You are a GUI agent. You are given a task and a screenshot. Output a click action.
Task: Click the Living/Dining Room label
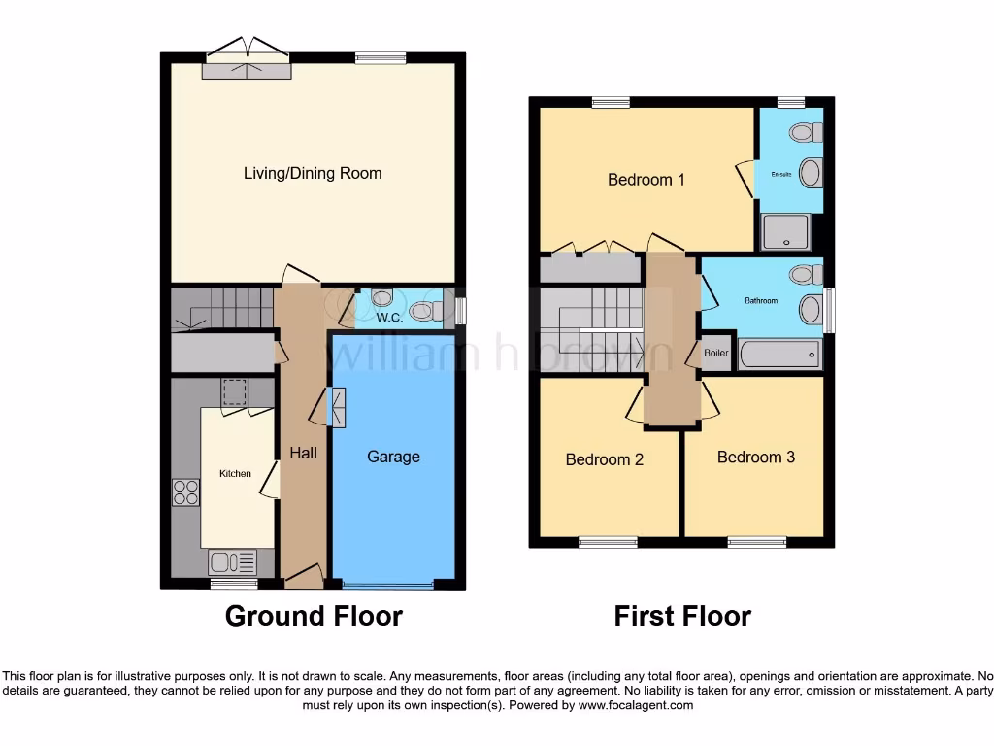click(313, 173)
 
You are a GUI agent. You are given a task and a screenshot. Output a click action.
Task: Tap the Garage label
click(393, 456)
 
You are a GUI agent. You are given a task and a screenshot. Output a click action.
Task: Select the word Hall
click(303, 453)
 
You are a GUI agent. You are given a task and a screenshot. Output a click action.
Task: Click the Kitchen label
click(235, 474)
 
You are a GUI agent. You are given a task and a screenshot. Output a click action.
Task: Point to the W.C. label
click(389, 317)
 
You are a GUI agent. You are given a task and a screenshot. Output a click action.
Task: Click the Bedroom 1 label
click(646, 180)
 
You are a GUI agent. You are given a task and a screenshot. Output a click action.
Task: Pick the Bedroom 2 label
click(605, 459)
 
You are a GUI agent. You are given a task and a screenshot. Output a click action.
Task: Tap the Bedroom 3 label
click(756, 457)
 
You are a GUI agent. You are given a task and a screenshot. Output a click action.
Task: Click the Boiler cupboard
click(716, 354)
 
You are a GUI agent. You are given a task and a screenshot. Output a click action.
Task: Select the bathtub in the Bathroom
click(779, 355)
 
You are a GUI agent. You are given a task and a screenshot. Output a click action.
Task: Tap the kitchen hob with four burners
click(185, 493)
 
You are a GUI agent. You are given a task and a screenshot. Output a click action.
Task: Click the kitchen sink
click(232, 561)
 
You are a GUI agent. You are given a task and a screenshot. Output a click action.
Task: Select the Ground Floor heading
click(314, 616)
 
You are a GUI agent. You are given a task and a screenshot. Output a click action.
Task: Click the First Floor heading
click(682, 616)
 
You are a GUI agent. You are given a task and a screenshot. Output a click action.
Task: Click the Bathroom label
click(761, 301)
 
